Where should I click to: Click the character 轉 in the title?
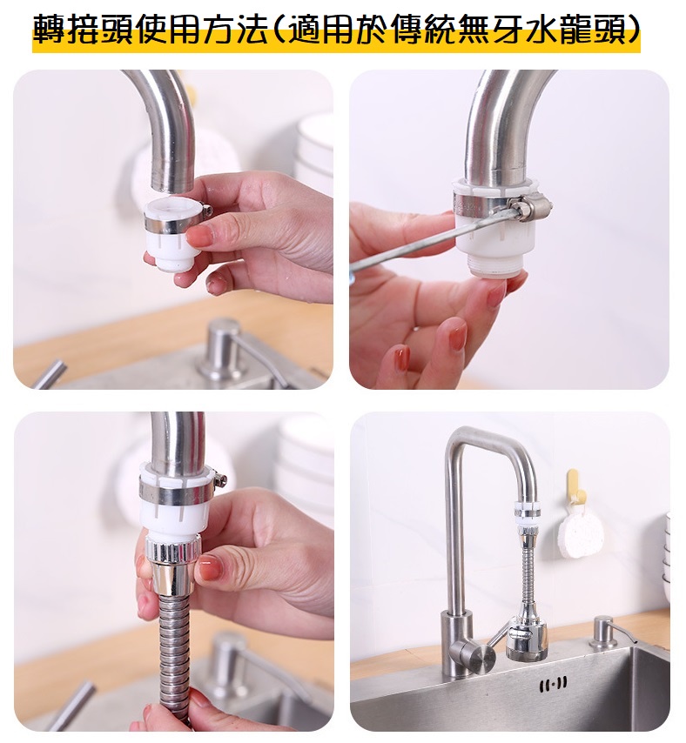50,30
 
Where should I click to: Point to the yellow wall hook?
573,485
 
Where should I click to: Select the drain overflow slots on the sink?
554,684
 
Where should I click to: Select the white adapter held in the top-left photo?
171,236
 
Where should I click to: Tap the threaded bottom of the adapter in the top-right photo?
496,269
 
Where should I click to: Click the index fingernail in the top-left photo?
198,236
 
